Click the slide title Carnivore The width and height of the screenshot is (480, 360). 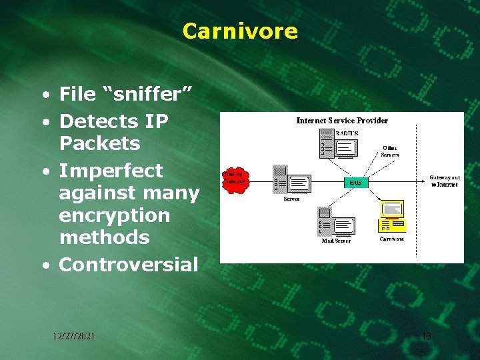click(240, 31)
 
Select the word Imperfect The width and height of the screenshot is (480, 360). click(111, 171)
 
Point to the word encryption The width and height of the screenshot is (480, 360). click(115, 215)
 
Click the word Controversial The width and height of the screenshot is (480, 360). click(129, 265)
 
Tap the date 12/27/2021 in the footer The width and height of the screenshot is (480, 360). click(74, 336)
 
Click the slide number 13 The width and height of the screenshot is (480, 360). click(427, 336)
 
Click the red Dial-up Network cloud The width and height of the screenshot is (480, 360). click(235, 177)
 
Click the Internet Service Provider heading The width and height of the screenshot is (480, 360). click(342, 121)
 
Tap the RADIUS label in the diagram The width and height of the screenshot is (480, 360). click(347, 133)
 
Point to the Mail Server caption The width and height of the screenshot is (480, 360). click(336, 241)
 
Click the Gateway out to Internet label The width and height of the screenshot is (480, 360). click(444, 181)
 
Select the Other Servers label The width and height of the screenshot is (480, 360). click(390, 151)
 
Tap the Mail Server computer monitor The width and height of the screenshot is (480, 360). click(344, 226)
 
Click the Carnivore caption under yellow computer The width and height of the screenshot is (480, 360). click(392, 238)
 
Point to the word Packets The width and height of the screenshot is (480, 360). click(99, 143)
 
